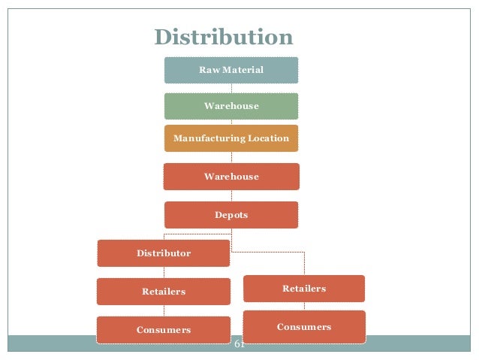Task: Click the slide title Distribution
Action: (x=223, y=37)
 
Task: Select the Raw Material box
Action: (x=231, y=70)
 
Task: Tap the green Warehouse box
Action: (x=231, y=106)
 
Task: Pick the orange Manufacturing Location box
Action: (x=231, y=138)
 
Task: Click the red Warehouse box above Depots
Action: (x=231, y=177)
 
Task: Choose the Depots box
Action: (x=231, y=215)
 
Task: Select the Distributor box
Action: (x=164, y=253)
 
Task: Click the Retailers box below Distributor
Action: (x=164, y=292)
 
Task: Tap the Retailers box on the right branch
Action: (x=304, y=289)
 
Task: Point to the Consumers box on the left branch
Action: (x=164, y=330)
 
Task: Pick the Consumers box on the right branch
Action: (x=304, y=327)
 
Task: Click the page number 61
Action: (x=240, y=344)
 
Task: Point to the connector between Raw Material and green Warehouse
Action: (x=231, y=88)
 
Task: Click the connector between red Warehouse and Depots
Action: (x=231, y=195)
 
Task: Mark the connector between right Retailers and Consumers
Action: (x=304, y=307)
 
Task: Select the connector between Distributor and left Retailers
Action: (x=164, y=273)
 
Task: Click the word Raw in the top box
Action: (x=208, y=70)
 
